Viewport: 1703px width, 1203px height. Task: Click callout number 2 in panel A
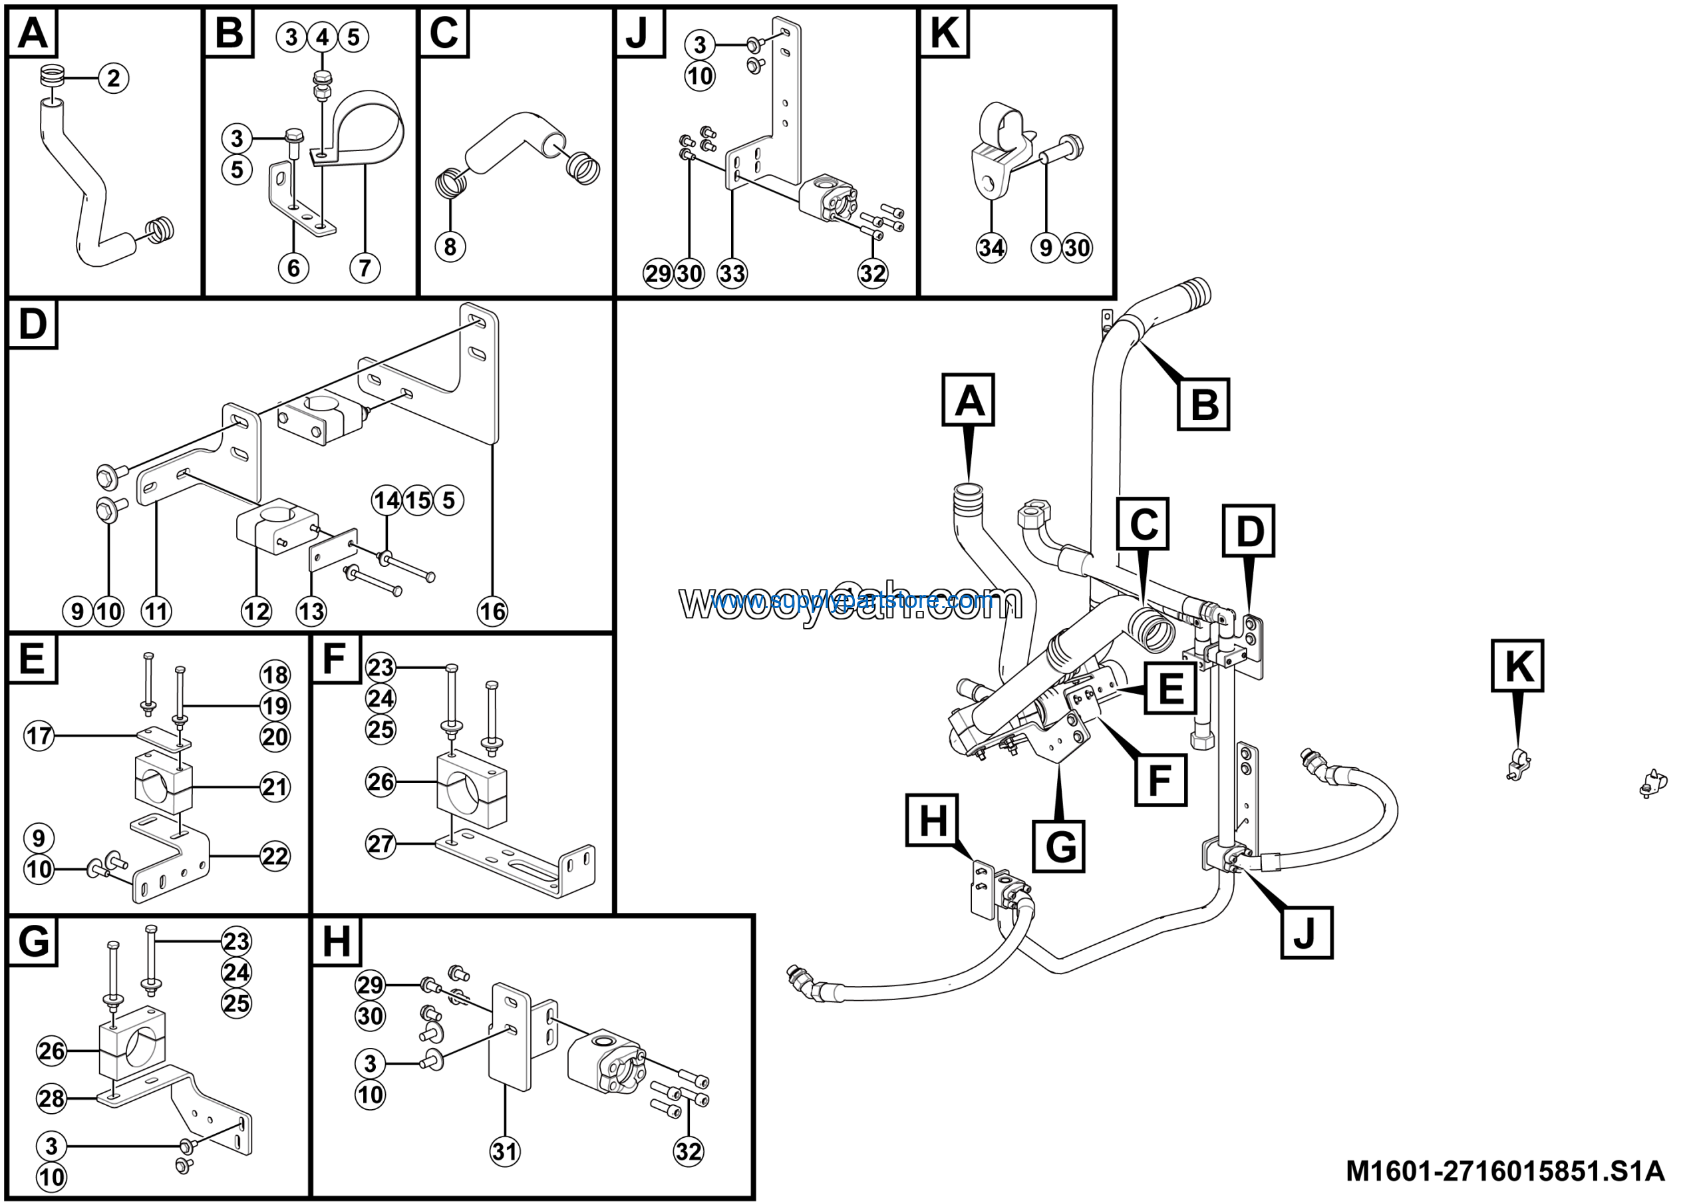[x=114, y=78]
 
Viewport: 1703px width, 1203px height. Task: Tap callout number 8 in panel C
[x=450, y=246]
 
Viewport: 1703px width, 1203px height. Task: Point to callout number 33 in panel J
[x=732, y=273]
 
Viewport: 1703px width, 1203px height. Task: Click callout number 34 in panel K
[x=992, y=247]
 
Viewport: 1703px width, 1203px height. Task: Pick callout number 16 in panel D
[x=492, y=612]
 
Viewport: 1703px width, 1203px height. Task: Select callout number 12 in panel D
[x=257, y=612]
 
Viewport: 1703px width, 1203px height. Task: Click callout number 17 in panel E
[x=39, y=736]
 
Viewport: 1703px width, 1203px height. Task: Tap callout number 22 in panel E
[x=275, y=856]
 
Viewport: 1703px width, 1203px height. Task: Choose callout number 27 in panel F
[x=381, y=843]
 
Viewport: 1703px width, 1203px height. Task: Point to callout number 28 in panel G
[x=52, y=1098]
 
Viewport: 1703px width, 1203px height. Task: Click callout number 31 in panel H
[x=505, y=1152]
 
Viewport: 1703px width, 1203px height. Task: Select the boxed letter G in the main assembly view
[x=1059, y=846]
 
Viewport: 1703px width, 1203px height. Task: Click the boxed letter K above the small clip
[x=1517, y=666]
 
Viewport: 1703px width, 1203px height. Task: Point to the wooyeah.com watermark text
[x=851, y=601]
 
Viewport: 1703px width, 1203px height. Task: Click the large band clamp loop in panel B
[x=371, y=118]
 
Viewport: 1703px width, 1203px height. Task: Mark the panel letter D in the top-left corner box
[x=33, y=325]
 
